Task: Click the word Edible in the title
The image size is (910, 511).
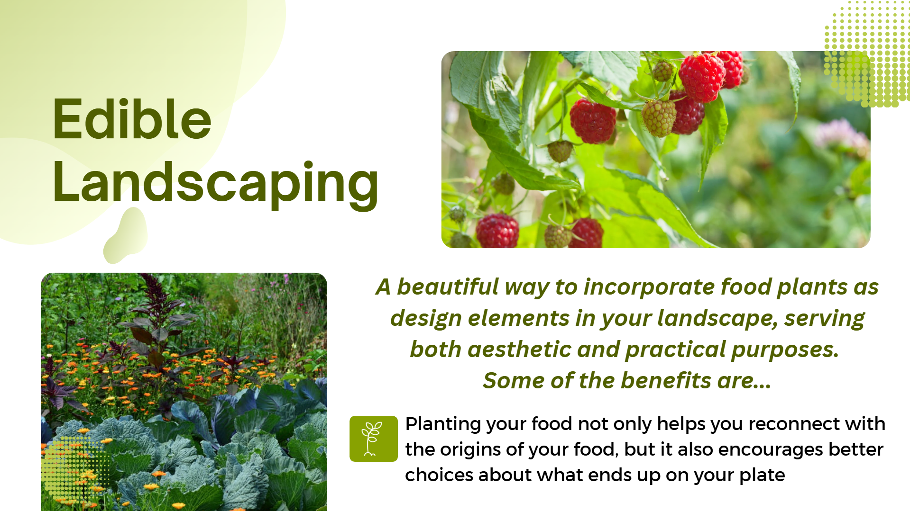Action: click(132, 119)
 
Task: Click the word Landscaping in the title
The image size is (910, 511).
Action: click(216, 184)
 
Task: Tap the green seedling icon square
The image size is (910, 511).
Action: click(374, 439)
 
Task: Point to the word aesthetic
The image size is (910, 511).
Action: click(519, 350)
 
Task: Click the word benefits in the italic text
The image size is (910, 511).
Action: click(666, 381)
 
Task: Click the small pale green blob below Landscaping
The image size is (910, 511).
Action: click(126, 235)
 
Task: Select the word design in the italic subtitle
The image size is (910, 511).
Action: click(425, 319)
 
